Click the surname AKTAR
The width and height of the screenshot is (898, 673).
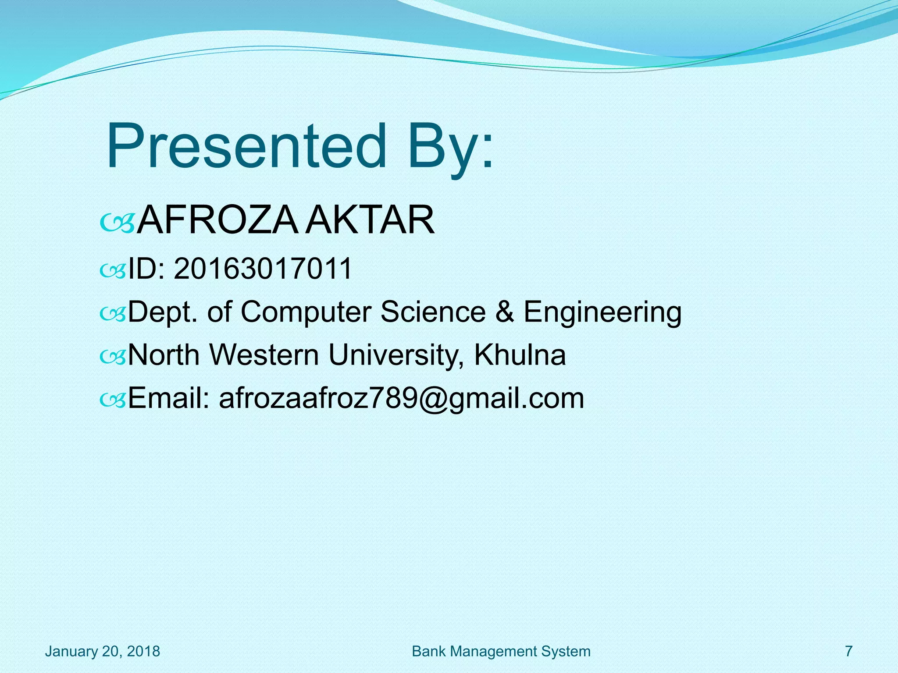click(369, 220)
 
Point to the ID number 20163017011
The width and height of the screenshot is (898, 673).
click(263, 269)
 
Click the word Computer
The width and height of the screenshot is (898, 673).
click(306, 312)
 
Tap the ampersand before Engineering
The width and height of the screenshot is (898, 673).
click(505, 312)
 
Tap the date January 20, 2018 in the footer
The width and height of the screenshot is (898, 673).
click(103, 652)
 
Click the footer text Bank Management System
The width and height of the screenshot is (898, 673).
click(501, 652)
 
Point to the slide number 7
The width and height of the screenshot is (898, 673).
click(848, 652)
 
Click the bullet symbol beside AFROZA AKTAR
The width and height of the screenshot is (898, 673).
click(117, 223)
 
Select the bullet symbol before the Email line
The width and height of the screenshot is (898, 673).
click(113, 400)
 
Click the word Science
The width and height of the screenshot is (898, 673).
click(433, 312)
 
